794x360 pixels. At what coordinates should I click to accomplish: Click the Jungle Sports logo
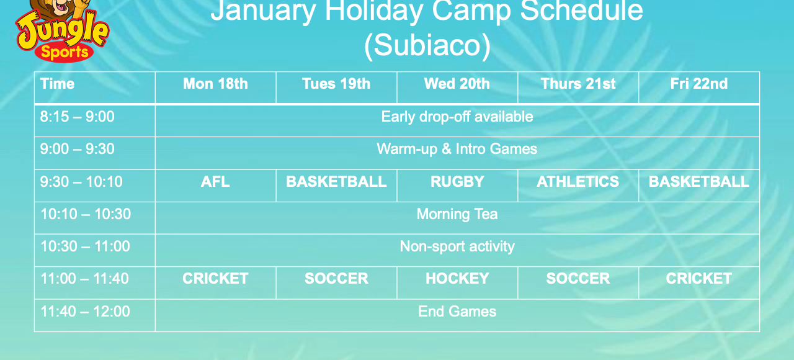point(62,31)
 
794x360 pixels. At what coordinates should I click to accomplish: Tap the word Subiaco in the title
point(427,46)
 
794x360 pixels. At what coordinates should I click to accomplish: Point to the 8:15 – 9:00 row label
point(78,117)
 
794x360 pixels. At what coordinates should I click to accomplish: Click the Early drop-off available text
point(457,117)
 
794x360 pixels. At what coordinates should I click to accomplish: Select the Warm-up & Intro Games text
point(457,149)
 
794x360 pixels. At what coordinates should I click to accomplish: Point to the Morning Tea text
point(457,214)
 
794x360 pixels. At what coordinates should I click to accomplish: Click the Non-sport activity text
point(457,246)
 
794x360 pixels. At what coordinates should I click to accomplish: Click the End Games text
point(457,312)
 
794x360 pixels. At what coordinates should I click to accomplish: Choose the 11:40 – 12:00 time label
point(86,312)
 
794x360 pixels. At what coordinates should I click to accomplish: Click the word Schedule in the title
point(582,11)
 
